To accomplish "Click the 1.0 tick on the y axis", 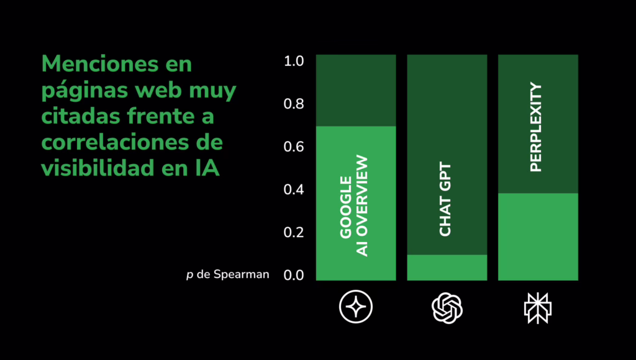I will (293, 61).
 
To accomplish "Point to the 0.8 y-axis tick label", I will (293, 104).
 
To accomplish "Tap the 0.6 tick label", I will (293, 147).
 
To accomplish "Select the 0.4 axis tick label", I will (293, 190).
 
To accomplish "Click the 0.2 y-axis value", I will (293, 233).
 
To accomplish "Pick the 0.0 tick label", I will (293, 275).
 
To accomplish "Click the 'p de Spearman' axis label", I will (227, 274).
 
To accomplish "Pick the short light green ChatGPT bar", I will (447, 268).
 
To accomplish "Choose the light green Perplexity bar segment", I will (538, 236).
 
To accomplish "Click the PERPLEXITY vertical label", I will (536, 127).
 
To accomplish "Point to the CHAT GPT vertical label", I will (445, 199).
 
